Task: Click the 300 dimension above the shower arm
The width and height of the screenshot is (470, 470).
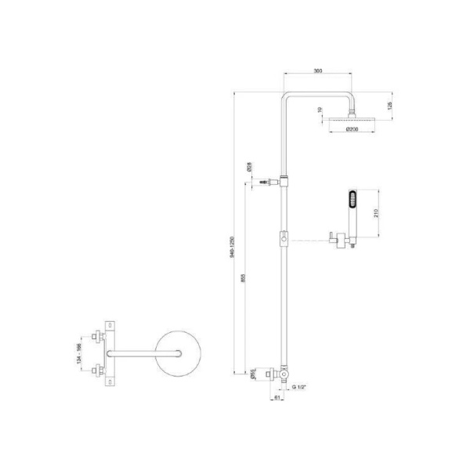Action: point(318,71)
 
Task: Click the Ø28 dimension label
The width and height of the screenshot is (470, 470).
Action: point(248,166)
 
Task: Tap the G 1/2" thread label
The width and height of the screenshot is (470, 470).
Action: point(298,387)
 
